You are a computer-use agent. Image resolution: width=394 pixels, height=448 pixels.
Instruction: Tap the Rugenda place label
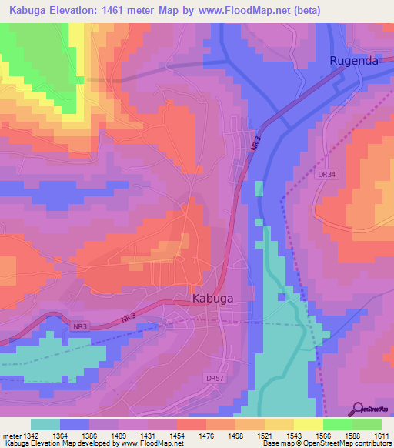(354, 61)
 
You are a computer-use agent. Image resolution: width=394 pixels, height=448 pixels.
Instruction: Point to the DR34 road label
(327, 175)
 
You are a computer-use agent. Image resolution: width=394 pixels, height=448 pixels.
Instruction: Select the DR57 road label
(215, 378)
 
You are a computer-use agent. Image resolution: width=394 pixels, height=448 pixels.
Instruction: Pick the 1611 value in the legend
(380, 436)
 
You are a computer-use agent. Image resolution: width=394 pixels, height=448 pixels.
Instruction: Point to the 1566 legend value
(322, 436)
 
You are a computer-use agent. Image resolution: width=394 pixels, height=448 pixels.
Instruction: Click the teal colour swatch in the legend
(45, 424)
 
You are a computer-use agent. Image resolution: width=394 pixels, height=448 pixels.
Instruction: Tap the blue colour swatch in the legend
(75, 424)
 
